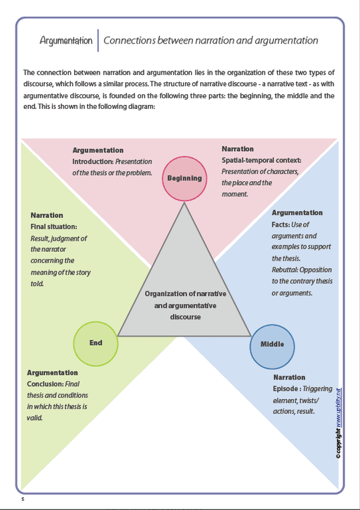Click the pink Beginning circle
click(x=184, y=178)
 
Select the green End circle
click(x=96, y=343)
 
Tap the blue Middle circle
click(x=272, y=345)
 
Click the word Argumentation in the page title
click(x=66, y=41)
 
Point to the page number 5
click(x=23, y=499)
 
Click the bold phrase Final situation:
click(x=54, y=227)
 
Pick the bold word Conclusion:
click(x=45, y=384)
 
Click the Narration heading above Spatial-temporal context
click(x=238, y=149)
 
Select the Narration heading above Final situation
click(x=47, y=215)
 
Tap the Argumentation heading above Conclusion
click(x=52, y=372)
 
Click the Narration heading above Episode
click(x=289, y=377)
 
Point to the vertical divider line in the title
click(x=98, y=40)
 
